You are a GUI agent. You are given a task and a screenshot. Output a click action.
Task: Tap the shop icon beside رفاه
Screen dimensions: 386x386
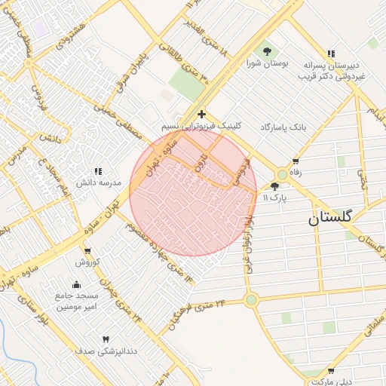tap(295, 161)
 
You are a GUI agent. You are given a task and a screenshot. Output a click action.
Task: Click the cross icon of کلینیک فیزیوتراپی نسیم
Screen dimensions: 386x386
tap(201, 114)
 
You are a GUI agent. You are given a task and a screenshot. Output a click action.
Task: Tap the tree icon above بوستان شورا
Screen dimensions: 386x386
tap(268, 51)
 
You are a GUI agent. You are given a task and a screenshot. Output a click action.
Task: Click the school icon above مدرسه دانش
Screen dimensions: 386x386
tap(98, 172)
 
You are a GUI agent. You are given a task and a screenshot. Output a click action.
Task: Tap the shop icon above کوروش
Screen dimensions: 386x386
tap(88, 251)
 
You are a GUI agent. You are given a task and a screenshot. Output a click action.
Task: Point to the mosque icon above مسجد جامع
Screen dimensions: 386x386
tap(75, 284)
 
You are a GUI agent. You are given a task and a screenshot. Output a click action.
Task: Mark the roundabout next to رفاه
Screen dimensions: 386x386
tap(282, 173)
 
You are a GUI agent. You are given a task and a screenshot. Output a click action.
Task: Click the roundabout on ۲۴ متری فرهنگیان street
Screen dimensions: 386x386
tap(251, 299)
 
